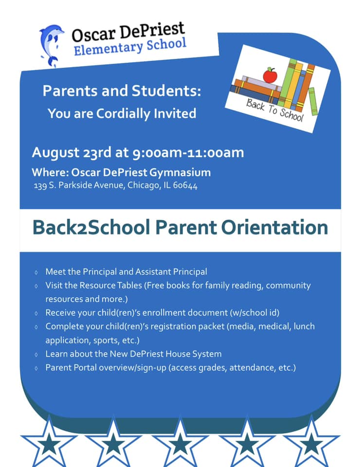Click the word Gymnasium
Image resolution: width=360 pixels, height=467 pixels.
[180, 173]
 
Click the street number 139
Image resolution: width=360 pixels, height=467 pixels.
[40, 186]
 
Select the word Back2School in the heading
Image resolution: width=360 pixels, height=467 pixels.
[91, 228]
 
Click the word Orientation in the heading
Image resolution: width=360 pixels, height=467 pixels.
[274, 228]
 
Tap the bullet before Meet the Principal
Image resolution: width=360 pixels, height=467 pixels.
[36, 272]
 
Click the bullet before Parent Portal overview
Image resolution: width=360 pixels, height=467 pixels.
[36, 368]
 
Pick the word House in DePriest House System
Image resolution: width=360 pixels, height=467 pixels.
[178, 354]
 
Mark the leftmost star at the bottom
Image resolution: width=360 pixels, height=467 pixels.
[49, 443]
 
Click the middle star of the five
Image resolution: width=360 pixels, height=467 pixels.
[180, 443]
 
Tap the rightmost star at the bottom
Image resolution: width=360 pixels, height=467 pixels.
[311, 442]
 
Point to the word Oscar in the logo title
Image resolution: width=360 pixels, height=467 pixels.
[93, 34]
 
